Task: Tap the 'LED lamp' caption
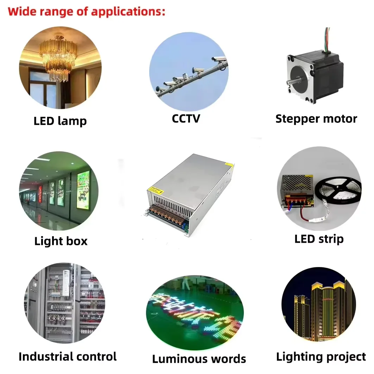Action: [x=60, y=121]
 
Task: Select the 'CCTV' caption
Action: [x=186, y=118]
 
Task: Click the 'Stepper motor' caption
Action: [x=316, y=119]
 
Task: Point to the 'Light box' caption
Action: [x=61, y=241]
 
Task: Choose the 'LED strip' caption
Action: [x=319, y=239]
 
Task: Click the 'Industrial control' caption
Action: [x=68, y=356]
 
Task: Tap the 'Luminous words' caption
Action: [x=199, y=359]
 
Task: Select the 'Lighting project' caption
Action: [x=321, y=356]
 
